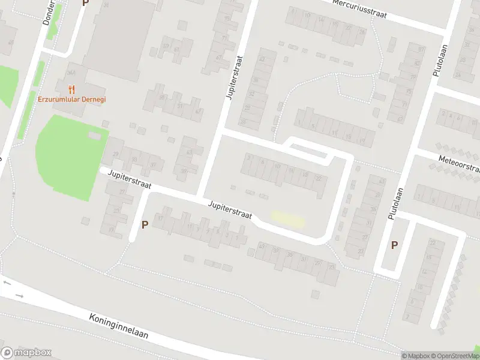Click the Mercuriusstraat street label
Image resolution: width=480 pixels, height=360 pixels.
(358, 9)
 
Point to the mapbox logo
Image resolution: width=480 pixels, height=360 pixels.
(26, 353)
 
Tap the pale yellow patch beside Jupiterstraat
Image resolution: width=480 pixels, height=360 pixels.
(288, 218)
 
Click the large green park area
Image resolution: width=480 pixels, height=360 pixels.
(69, 159)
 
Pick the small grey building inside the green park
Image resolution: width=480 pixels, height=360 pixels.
(95, 136)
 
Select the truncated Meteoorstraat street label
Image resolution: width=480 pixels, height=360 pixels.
(460, 163)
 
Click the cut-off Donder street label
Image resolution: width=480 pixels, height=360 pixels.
(49, 12)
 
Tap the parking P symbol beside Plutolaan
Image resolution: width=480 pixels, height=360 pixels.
(394, 245)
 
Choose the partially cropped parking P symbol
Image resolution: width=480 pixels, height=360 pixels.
(85, 3)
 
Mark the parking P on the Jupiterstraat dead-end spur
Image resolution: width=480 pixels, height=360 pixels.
(144, 225)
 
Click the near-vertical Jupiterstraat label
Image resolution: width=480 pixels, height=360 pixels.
(234, 78)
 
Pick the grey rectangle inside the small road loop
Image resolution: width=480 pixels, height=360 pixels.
(305, 146)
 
